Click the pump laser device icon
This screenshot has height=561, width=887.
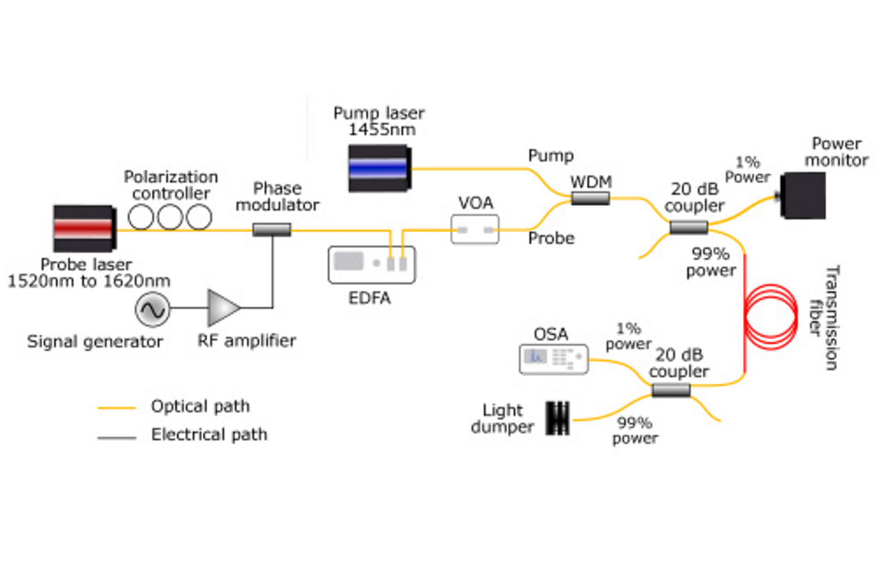point(378,168)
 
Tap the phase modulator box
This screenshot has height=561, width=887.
point(272,229)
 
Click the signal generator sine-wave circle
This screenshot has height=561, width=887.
point(152,309)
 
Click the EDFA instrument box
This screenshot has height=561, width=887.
point(371,265)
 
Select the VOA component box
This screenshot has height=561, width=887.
point(475,229)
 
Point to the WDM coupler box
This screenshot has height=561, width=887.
point(590,199)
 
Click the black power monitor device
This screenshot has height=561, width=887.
point(803,196)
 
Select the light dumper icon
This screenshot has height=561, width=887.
point(557,418)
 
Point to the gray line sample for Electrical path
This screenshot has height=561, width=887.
point(116,437)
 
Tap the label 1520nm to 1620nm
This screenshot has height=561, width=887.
point(88,281)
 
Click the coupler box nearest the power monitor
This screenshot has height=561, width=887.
point(689,227)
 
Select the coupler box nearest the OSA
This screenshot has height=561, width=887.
point(671,391)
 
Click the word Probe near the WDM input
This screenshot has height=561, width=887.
point(552,238)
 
